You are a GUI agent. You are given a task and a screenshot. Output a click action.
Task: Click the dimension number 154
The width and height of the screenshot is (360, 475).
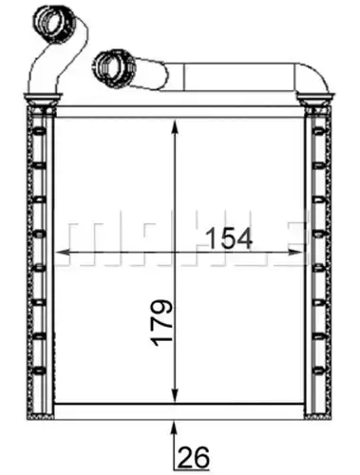(x=230, y=238)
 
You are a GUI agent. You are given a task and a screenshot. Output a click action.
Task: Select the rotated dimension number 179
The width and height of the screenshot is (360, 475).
(x=161, y=322)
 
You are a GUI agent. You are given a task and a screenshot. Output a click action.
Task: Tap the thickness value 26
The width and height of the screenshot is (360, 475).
(x=194, y=457)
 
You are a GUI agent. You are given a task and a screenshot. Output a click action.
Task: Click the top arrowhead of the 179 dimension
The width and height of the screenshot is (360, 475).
(x=175, y=127)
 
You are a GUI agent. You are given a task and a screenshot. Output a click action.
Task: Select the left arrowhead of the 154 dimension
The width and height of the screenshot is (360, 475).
(x=63, y=253)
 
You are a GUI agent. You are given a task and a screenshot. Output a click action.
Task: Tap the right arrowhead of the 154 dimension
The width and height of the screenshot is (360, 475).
(x=295, y=253)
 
